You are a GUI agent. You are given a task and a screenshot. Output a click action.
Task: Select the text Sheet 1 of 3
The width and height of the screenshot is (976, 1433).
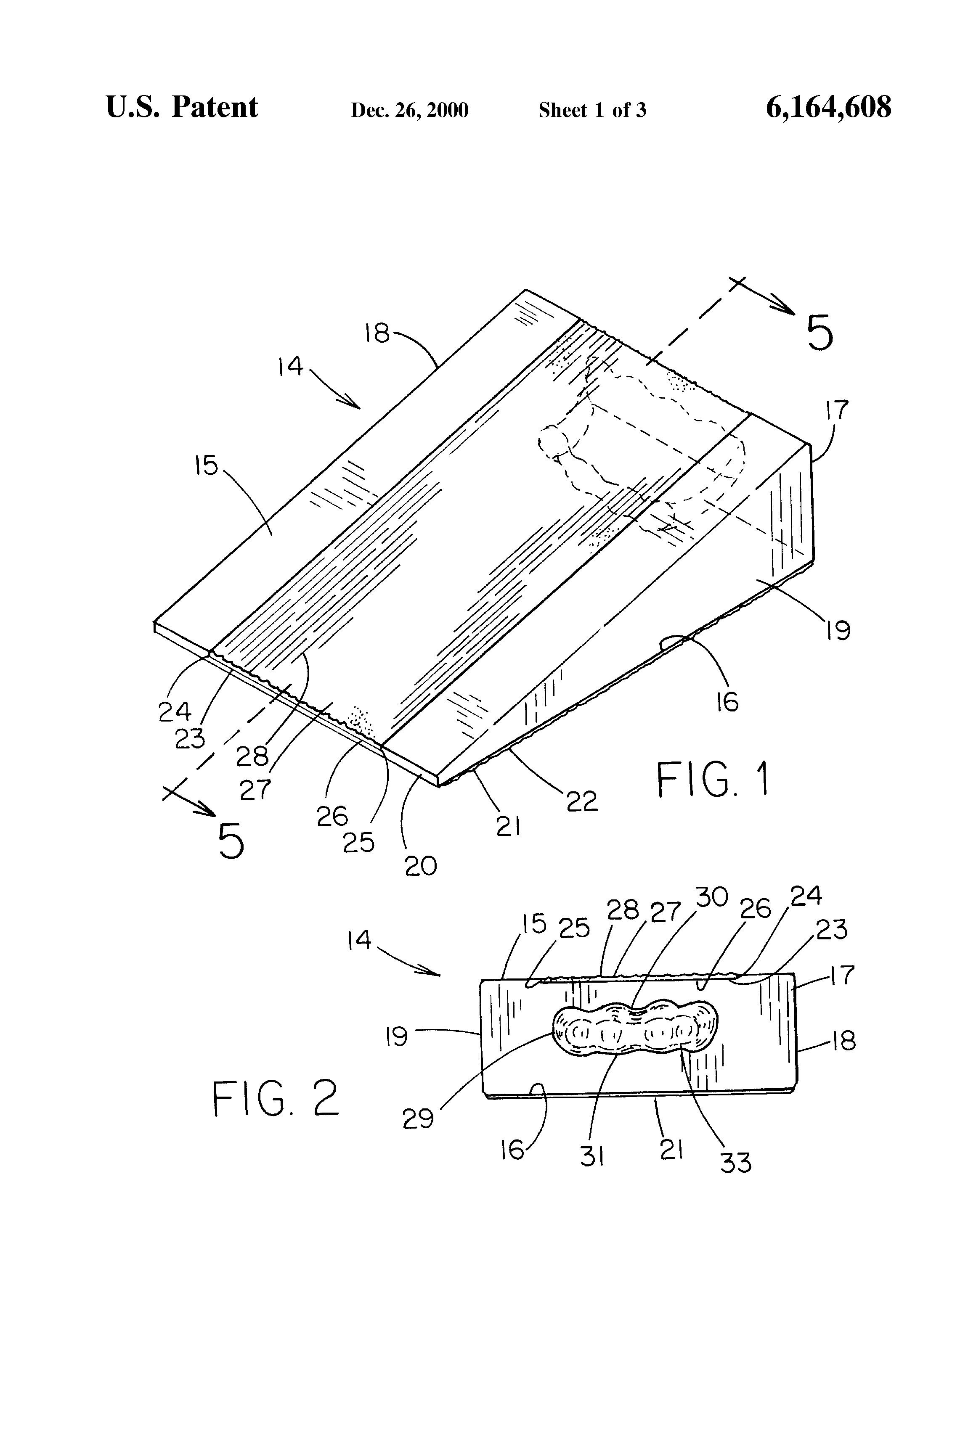coord(592,110)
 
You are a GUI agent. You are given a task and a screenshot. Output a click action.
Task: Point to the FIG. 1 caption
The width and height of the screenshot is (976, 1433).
coord(713,780)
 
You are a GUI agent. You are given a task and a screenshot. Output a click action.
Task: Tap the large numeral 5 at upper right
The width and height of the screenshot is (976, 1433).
coord(820,333)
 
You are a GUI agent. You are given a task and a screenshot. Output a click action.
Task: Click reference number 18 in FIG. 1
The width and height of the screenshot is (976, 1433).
coord(377,333)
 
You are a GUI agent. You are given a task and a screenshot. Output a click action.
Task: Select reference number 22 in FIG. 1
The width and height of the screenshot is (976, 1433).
coord(582,801)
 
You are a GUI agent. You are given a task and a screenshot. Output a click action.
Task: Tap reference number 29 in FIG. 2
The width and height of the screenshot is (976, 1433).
coord(418,1118)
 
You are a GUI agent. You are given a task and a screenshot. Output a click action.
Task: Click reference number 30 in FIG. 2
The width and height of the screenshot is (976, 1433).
coord(712,897)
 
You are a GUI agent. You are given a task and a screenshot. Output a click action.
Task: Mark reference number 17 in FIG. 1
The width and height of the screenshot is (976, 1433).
coord(837,410)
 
